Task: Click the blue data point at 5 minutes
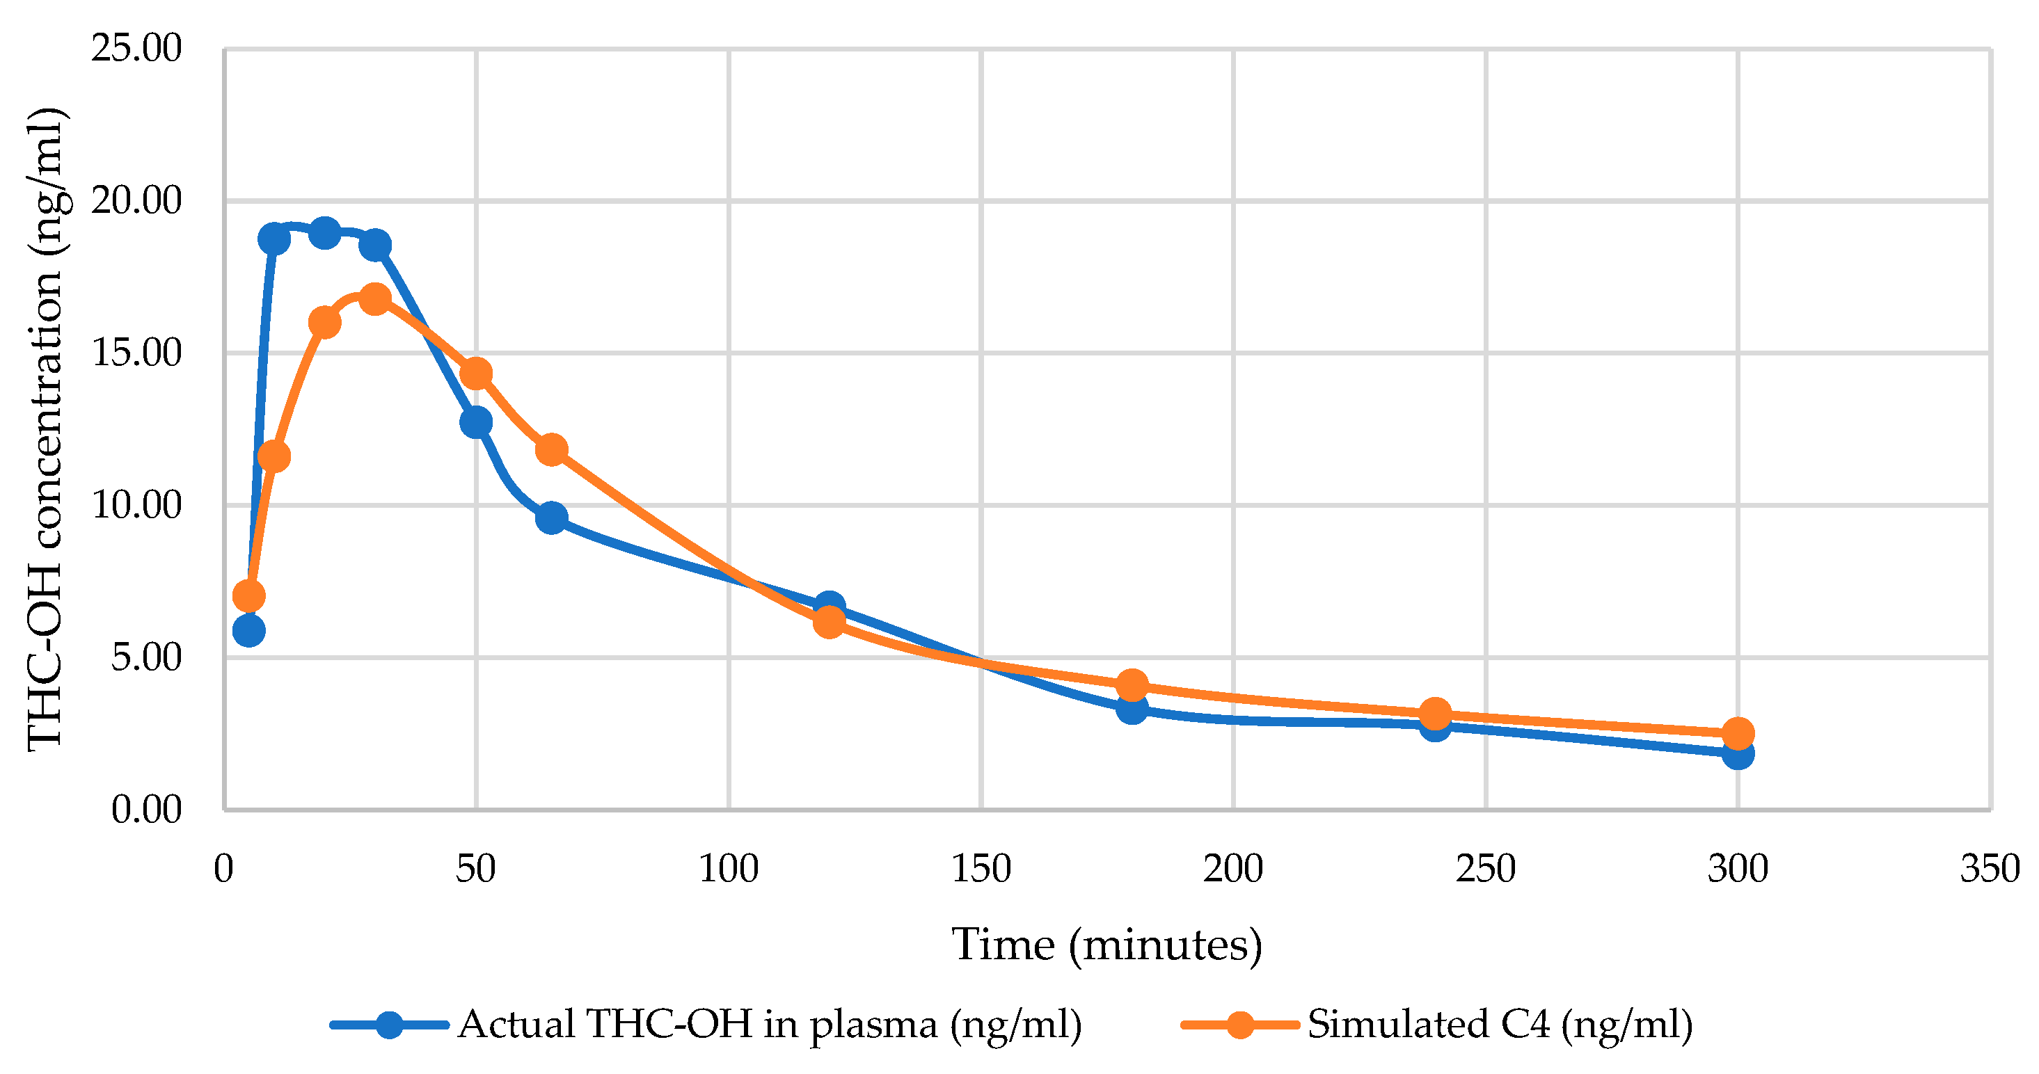point(248,631)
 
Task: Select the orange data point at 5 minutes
point(248,596)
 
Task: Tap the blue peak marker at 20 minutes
point(324,234)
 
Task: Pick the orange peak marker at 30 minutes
point(375,298)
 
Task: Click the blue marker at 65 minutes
point(552,518)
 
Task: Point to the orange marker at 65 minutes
point(552,449)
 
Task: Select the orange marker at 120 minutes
point(829,622)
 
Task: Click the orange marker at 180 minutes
point(1132,684)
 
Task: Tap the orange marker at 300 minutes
point(1738,733)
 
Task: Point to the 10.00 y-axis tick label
point(136,505)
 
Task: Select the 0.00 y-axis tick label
point(146,810)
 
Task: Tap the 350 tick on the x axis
point(1989,869)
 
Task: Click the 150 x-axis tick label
point(981,869)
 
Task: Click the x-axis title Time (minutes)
point(1106,944)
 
